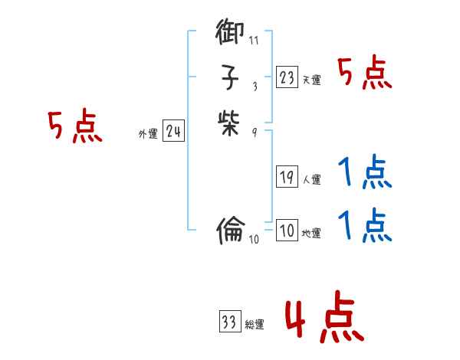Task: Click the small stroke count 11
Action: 254,41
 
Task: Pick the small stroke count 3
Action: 254,86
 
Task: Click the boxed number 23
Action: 287,77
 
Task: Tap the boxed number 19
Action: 287,178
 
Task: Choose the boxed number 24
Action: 173,132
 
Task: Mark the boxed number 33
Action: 229,322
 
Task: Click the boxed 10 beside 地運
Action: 287,231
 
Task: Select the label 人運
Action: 312,181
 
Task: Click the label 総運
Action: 255,325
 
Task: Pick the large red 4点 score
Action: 324,319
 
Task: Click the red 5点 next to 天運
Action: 365,74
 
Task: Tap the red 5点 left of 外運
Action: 75,127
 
